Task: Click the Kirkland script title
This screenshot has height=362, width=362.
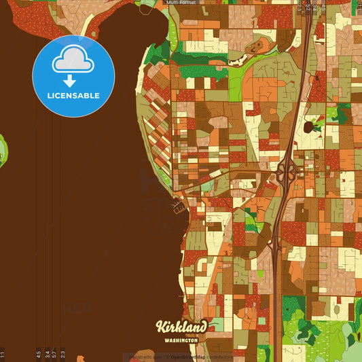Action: pyautogui.click(x=181, y=327)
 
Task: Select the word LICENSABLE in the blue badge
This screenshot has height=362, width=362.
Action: pyautogui.click(x=73, y=96)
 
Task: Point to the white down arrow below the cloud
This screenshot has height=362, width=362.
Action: pyautogui.click(x=70, y=81)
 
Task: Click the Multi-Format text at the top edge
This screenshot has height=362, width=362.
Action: pyautogui.click(x=181, y=3)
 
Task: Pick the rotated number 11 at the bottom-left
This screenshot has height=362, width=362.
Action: pyautogui.click(x=3, y=354)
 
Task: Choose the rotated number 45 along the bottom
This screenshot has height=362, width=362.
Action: pyautogui.click(x=38, y=354)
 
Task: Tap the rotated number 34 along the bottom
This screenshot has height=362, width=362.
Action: pyautogui.click(x=47, y=354)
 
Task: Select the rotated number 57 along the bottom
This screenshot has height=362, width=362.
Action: pyautogui.click(x=54, y=354)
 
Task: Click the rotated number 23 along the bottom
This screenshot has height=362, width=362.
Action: pyautogui.click(x=62, y=354)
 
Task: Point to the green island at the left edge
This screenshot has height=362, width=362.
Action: pyautogui.click(x=3, y=151)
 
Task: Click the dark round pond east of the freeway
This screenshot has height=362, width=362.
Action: pyautogui.click(x=308, y=127)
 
